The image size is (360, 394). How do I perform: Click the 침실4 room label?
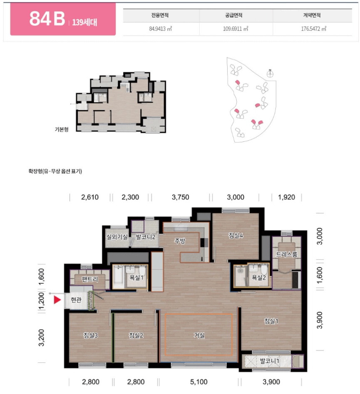coord(236,235)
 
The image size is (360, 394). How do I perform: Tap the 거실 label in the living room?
coord(199,335)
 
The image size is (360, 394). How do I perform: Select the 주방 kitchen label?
coord(180,241)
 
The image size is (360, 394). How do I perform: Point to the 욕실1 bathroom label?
coord(136,278)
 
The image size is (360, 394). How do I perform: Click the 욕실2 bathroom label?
coord(259,278)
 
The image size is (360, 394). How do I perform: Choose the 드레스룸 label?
coord(287,254)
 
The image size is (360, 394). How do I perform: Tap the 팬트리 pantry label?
coord(90,279)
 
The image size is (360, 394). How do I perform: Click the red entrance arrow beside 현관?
coord(57,300)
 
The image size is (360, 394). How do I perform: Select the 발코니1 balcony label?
coord(270,361)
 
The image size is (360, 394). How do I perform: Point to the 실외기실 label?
coord(117,237)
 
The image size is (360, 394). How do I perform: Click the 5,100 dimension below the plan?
coord(199,382)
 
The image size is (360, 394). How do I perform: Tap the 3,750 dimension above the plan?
coord(180,197)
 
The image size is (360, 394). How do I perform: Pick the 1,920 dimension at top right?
coord(286,197)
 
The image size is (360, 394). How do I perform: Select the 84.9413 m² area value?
coord(160,29)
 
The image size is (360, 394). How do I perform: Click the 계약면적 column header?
coord(312,15)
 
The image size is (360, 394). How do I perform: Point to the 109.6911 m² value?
coord(236,29)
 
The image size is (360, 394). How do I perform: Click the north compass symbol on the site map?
coord(270,74)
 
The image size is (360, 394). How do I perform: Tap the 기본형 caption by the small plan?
coord(62,129)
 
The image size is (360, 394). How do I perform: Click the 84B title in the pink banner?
coord(47,19)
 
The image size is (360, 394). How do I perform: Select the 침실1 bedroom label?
coord(271,321)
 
